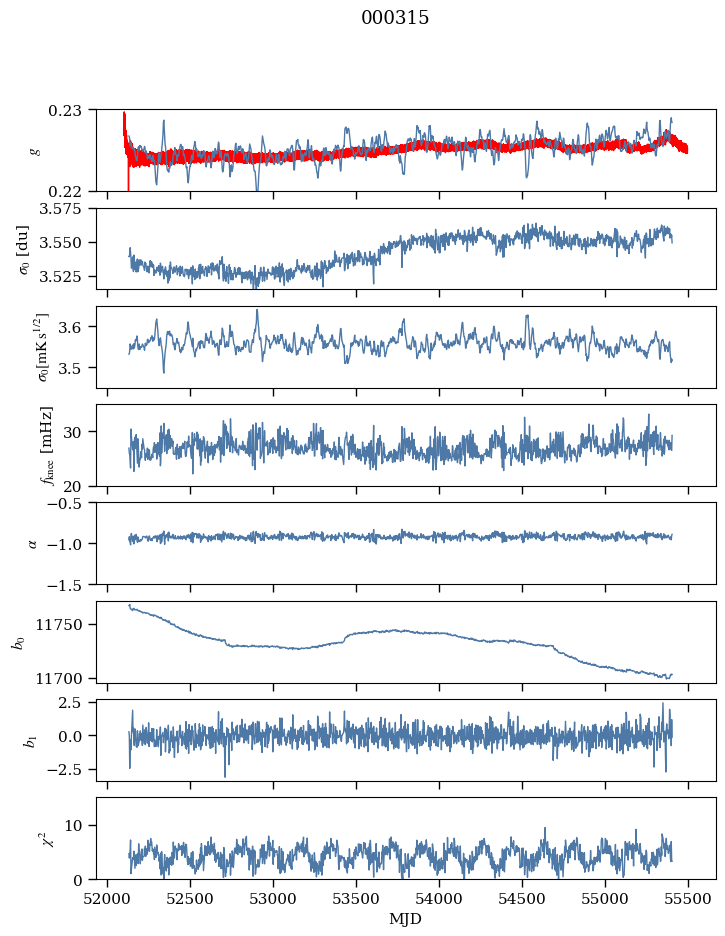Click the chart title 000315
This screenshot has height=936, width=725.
(x=395, y=18)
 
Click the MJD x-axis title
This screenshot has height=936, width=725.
(x=405, y=919)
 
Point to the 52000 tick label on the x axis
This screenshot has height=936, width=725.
(x=108, y=897)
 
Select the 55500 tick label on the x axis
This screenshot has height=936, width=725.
(x=687, y=897)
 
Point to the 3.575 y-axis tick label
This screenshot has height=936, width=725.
(x=67, y=209)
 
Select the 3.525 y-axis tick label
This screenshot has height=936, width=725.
(x=67, y=276)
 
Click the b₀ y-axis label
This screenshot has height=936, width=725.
(x=19, y=641)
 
